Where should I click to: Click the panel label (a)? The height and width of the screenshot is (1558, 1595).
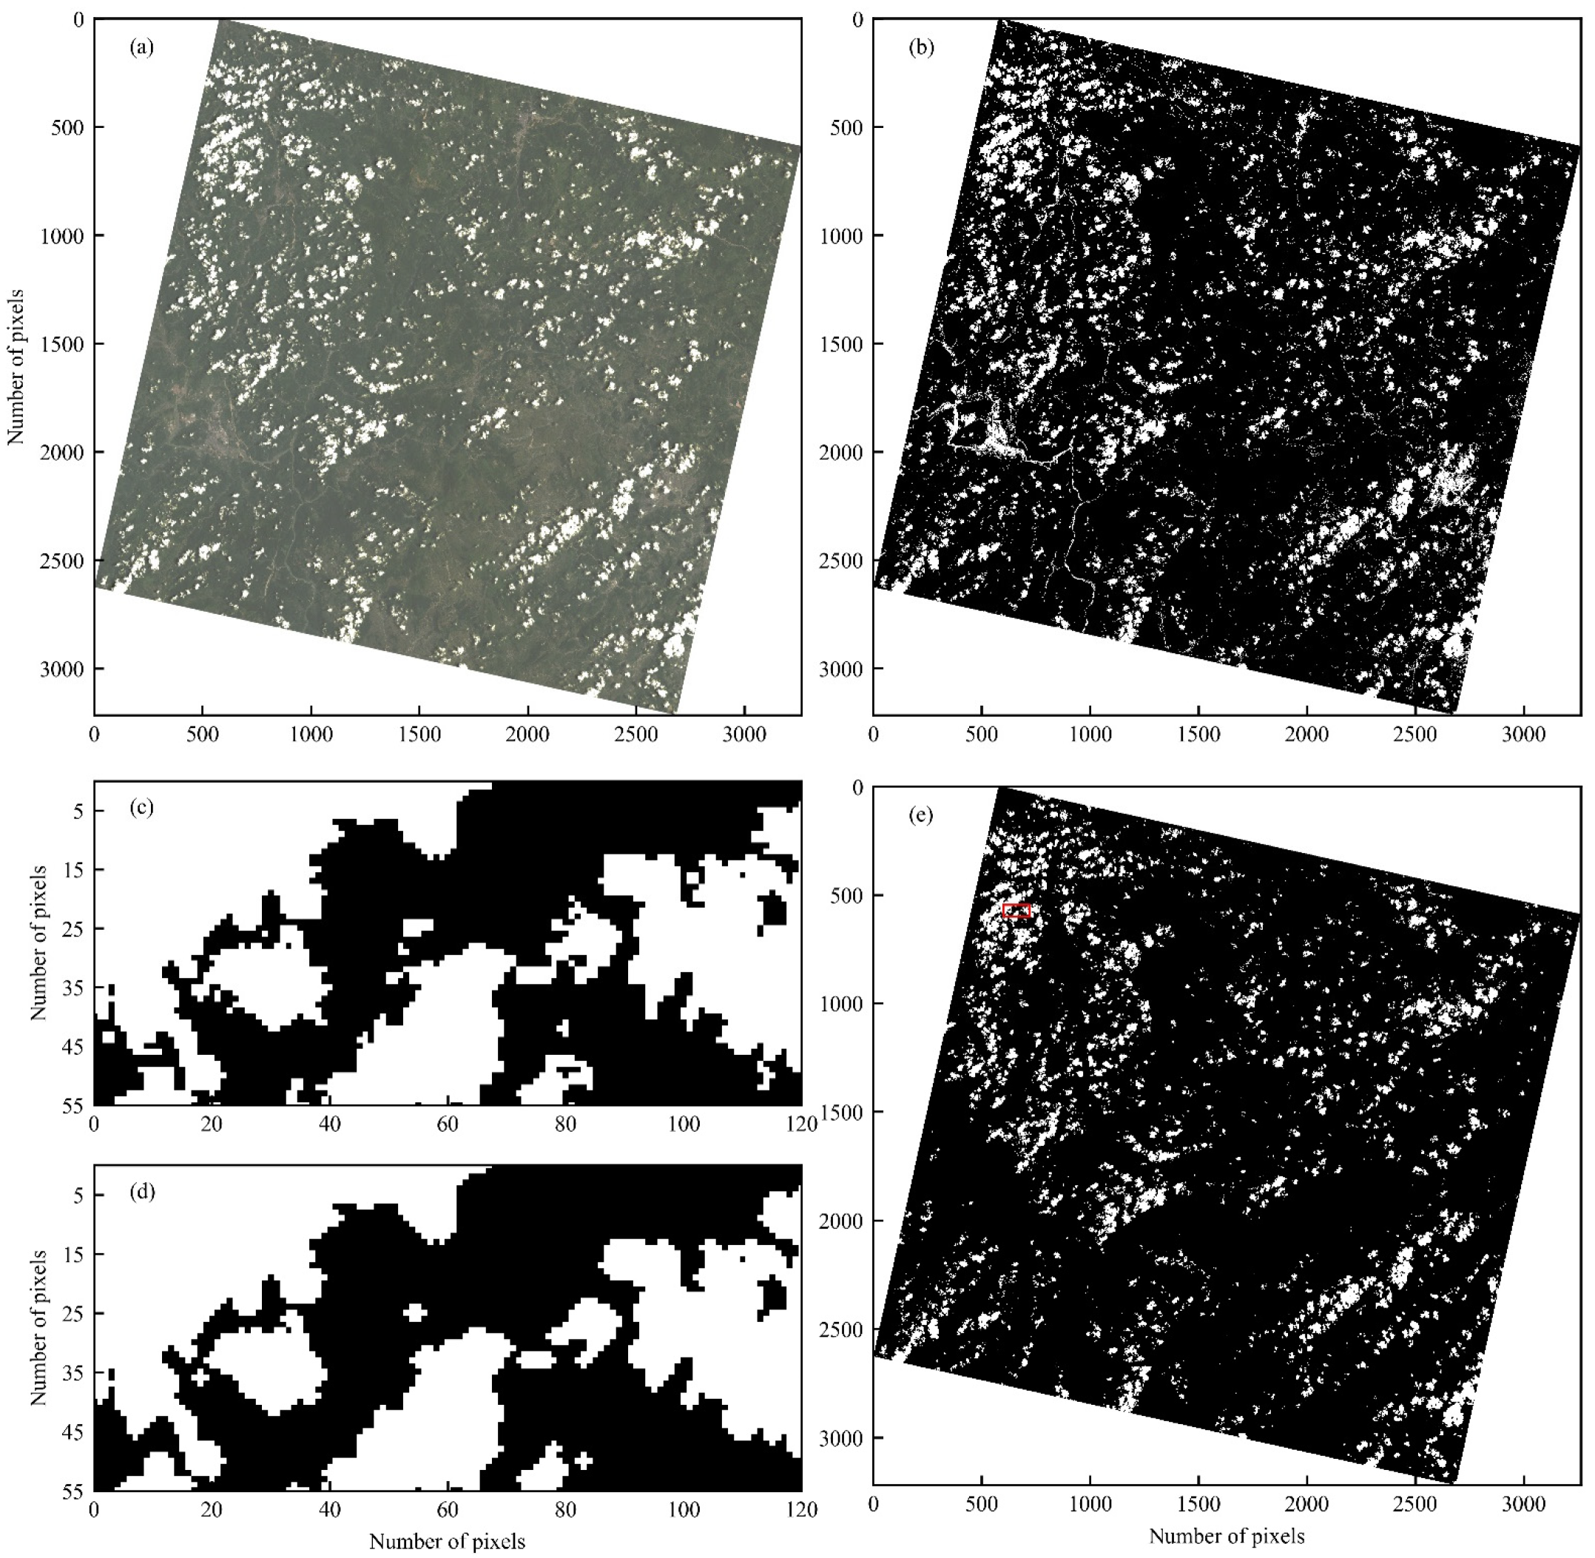coord(141,47)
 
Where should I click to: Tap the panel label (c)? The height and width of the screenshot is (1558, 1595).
coord(141,808)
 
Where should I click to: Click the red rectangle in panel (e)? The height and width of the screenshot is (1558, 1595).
coord(1016,911)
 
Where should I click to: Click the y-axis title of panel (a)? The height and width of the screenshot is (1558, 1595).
coord(16,367)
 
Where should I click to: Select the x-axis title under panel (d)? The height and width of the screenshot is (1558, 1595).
coord(447,1542)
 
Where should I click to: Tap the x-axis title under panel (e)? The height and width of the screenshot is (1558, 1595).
coord(1226,1536)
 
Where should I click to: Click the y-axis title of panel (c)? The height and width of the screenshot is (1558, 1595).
coord(38,942)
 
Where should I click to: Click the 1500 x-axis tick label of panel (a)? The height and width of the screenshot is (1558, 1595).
coord(418,735)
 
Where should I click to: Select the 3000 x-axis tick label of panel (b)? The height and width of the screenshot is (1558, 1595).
coord(1523,735)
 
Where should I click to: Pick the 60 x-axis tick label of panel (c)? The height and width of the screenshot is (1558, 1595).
coord(447,1124)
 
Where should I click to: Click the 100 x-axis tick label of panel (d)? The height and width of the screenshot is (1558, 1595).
coord(683,1510)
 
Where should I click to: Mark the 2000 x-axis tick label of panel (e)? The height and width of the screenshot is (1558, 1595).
coord(1306,1504)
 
